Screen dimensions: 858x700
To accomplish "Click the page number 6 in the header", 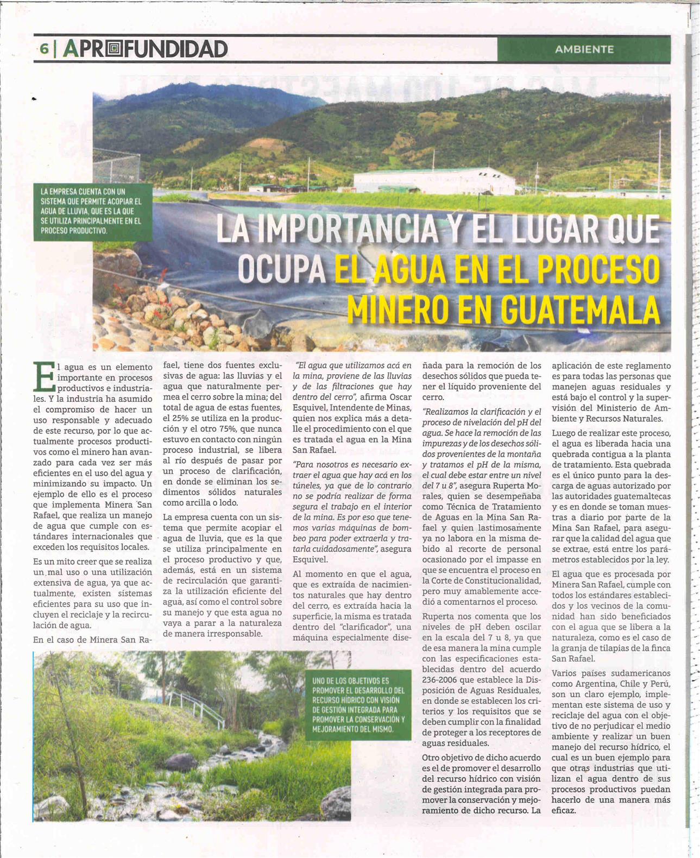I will point(43,49).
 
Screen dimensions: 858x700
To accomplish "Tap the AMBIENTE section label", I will point(584,49).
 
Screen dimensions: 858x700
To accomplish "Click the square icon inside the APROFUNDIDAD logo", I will point(112,49).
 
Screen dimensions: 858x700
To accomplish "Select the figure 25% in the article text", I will point(172,418).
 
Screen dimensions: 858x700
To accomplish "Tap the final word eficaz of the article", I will point(564,810).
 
